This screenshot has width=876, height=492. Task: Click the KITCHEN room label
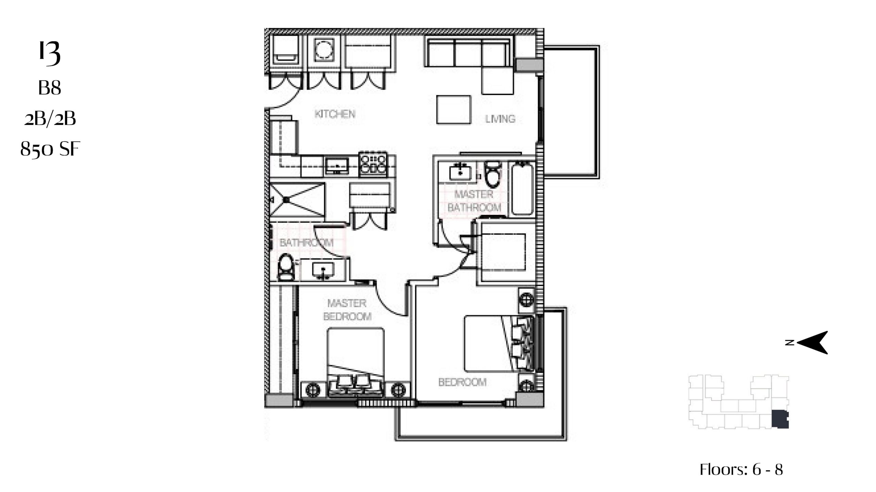pyautogui.click(x=335, y=114)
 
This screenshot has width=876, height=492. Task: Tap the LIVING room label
pyautogui.click(x=500, y=119)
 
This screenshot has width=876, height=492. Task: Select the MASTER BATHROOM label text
pyautogui.click(x=474, y=201)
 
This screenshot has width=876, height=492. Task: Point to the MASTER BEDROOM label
pyautogui.click(x=347, y=310)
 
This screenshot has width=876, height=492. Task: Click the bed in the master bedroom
pyautogui.click(x=356, y=363)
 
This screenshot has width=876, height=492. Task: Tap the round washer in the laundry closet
pyautogui.click(x=324, y=50)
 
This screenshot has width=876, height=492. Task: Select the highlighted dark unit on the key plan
pyautogui.click(x=780, y=420)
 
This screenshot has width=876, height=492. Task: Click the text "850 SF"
pyautogui.click(x=50, y=149)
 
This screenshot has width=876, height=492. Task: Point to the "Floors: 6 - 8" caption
pyautogui.click(x=741, y=469)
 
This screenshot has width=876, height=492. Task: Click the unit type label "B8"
pyautogui.click(x=50, y=88)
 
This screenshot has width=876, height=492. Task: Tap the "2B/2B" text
pyautogui.click(x=50, y=119)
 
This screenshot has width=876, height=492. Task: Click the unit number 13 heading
pyautogui.click(x=50, y=53)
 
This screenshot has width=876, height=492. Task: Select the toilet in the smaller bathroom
pyautogui.click(x=286, y=268)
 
